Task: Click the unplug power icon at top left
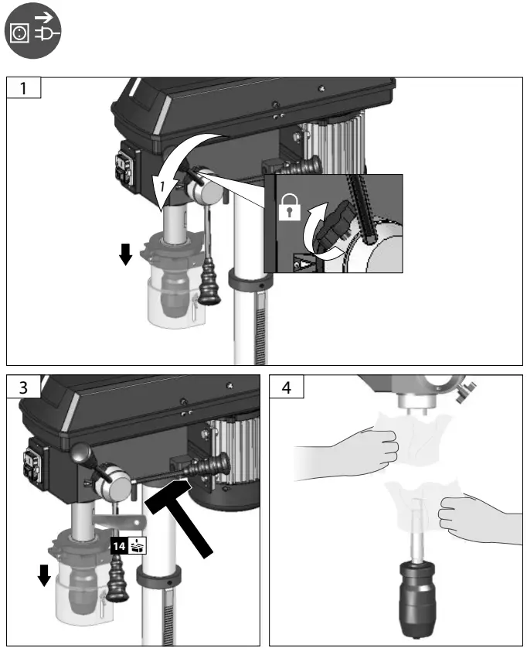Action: pos(32,32)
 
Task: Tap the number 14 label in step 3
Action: pos(118,545)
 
